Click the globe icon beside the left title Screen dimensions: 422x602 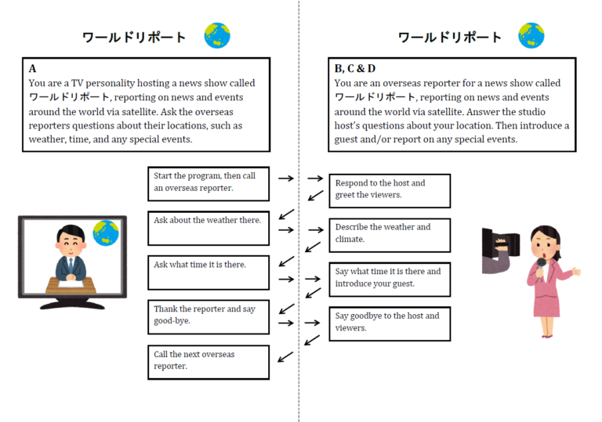(x=217, y=36)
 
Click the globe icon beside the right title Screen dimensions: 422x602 (x=531, y=36)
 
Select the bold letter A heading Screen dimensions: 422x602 (x=32, y=69)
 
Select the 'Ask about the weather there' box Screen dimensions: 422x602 (x=208, y=227)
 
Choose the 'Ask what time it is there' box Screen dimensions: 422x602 (x=208, y=272)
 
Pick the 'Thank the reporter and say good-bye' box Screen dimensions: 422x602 (x=208, y=316)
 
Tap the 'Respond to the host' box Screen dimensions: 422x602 (x=390, y=190)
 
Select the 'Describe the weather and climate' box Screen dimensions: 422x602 (x=390, y=234)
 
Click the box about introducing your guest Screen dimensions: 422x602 (x=390, y=279)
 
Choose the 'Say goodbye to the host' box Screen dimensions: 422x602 (x=390, y=323)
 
